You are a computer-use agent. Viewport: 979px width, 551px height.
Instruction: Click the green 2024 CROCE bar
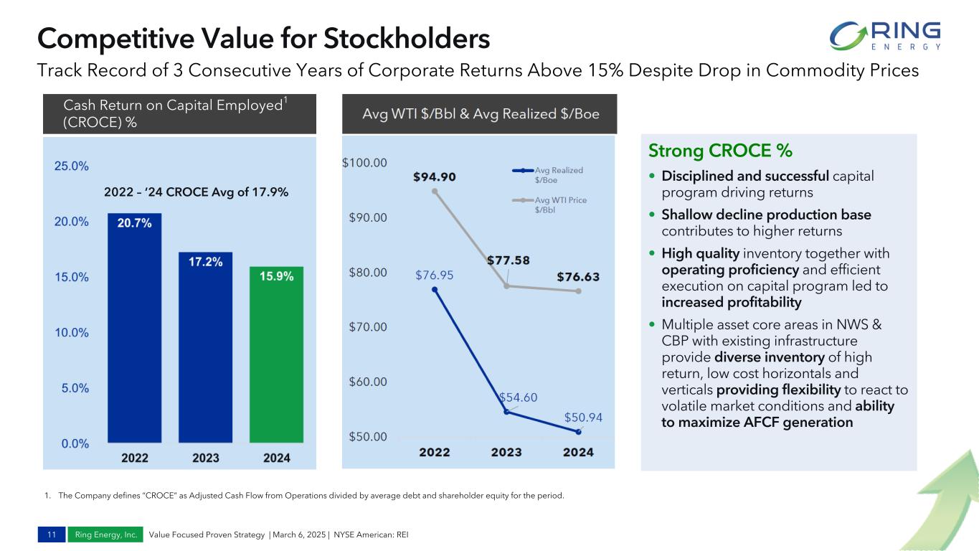pos(276,354)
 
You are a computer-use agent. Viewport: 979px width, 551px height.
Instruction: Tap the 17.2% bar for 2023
pos(205,347)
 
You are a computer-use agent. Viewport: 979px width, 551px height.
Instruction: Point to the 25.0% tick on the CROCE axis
pos(72,166)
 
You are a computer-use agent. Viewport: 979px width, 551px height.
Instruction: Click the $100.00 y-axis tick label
pos(364,163)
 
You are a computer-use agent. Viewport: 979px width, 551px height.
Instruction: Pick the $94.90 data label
pos(435,176)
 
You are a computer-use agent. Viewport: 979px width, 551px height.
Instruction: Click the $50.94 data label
pos(582,417)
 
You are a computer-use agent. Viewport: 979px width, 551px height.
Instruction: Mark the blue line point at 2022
pos(435,289)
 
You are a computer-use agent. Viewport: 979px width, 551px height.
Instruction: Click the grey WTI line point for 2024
pos(578,291)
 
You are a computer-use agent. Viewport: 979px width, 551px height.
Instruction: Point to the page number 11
pos(52,534)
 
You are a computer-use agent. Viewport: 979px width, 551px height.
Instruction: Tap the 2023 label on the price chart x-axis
pos(506,452)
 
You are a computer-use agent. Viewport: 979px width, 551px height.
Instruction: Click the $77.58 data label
pos(509,260)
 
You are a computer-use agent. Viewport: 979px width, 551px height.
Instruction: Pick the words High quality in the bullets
pos(700,253)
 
